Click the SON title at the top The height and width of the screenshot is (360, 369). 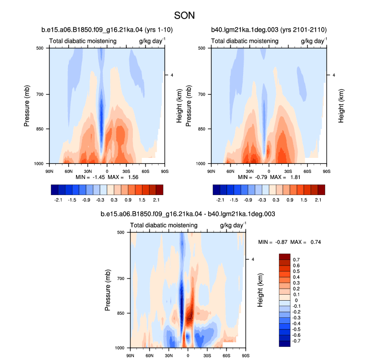[x=184, y=16]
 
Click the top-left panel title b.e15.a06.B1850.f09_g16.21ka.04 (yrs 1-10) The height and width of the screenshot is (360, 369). [x=107, y=30]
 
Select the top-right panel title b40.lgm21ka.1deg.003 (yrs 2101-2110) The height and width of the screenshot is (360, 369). [x=269, y=30]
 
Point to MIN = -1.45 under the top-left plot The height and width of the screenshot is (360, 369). [x=90, y=177]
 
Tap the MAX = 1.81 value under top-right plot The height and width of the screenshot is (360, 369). [x=285, y=177]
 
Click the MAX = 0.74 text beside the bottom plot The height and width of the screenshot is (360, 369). [x=306, y=242]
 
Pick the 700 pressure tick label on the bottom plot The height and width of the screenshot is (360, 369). [x=120, y=279]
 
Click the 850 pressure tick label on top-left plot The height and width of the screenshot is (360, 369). [x=40, y=129]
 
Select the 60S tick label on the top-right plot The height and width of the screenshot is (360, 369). [x=308, y=171]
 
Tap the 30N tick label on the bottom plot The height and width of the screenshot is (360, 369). [x=169, y=355]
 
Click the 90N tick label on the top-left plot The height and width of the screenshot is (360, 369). [x=49, y=171]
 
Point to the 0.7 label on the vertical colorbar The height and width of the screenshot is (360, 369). [x=297, y=259]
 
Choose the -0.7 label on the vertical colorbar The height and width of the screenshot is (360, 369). [x=296, y=341]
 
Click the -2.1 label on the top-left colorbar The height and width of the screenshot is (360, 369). [x=58, y=200]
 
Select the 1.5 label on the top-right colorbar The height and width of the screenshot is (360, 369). [x=304, y=200]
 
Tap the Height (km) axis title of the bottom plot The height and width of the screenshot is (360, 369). [x=260, y=290]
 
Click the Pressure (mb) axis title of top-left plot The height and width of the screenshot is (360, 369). [x=27, y=106]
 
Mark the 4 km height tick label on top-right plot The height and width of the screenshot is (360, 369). [x=334, y=75]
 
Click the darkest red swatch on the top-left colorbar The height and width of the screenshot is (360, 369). [x=160, y=190]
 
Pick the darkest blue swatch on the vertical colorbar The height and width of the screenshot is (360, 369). [x=284, y=344]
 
